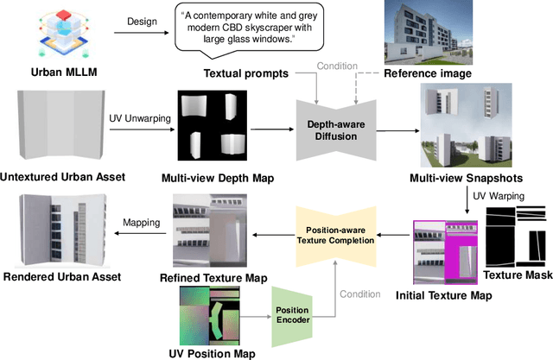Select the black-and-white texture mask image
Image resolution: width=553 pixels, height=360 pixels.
pos(517,244)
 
